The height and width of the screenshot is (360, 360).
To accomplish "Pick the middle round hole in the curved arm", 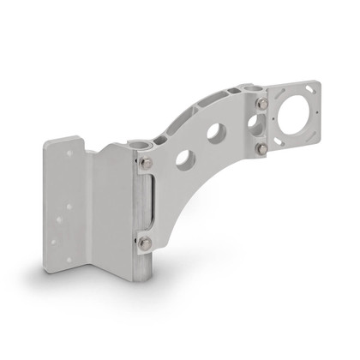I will coord(216,133).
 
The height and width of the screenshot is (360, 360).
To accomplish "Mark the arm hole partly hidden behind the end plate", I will coord(253,122).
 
